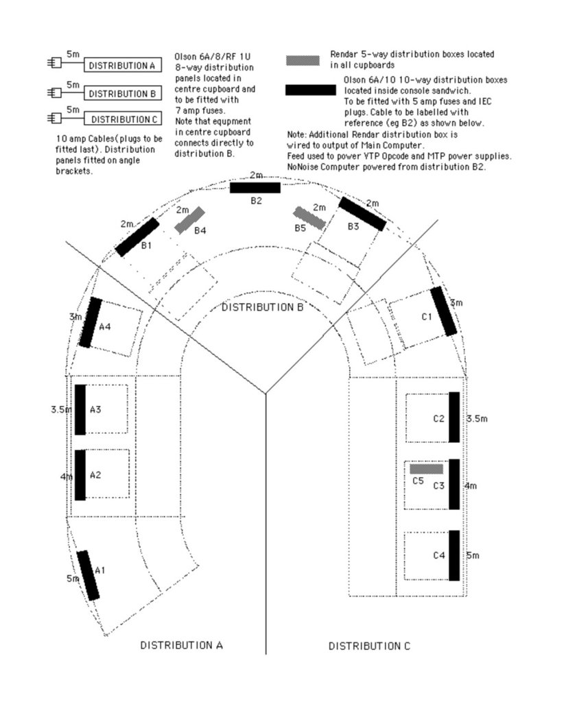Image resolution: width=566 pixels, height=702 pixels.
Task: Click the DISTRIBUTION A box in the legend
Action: point(122,65)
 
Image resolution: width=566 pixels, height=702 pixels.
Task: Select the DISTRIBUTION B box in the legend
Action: point(122,93)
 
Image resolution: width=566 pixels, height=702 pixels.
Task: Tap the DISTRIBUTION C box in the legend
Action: point(122,119)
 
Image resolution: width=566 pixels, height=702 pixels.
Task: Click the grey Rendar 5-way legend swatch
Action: point(303,60)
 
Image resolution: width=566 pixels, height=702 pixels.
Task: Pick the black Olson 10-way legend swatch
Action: point(311,90)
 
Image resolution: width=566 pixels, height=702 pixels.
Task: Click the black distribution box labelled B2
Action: point(255,188)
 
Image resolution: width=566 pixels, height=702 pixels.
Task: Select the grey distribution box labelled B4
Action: point(189,220)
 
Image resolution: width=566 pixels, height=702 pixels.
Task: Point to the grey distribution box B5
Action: point(309,218)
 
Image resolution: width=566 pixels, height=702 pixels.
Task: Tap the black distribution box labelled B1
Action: point(137,237)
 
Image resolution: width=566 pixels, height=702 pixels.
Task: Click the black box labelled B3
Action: point(362,214)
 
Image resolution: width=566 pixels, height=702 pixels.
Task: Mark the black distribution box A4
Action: point(91,322)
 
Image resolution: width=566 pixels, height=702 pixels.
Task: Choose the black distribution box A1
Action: point(88,575)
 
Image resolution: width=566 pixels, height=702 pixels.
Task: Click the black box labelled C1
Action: point(444,311)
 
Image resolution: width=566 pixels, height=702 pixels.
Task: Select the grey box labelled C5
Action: point(427,469)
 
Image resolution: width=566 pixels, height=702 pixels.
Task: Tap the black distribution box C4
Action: point(454,555)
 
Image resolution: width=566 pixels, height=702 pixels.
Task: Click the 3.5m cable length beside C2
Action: point(477,419)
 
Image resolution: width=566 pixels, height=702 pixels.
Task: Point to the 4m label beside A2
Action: point(66,477)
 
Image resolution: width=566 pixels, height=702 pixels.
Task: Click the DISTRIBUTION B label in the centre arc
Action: point(263,307)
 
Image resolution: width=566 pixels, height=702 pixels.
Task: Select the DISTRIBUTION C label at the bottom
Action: point(369,646)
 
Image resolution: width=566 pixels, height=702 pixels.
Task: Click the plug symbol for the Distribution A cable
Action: point(54,62)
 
